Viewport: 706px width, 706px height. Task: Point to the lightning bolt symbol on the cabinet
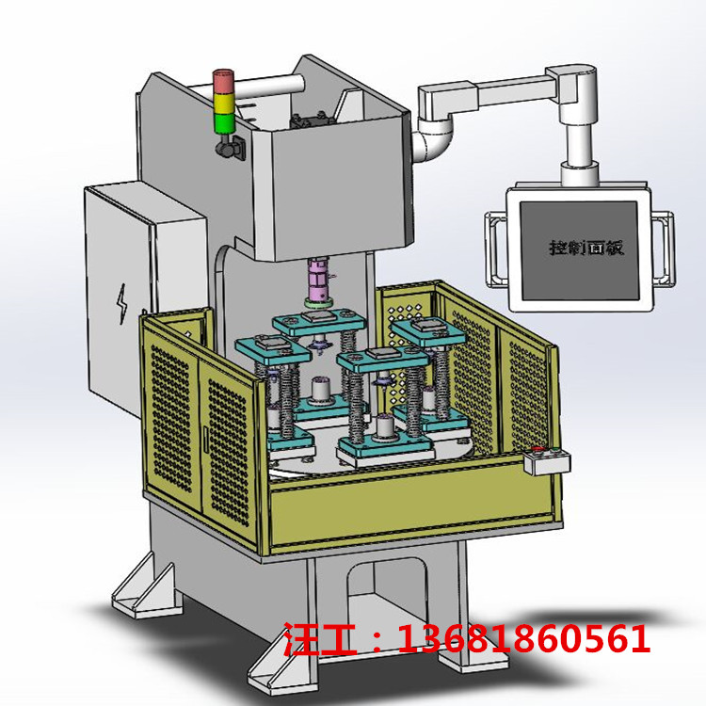point(122,303)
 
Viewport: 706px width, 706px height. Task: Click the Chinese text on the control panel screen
point(586,249)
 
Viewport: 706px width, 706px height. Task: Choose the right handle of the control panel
point(664,249)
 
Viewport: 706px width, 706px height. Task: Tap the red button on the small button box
point(537,448)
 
